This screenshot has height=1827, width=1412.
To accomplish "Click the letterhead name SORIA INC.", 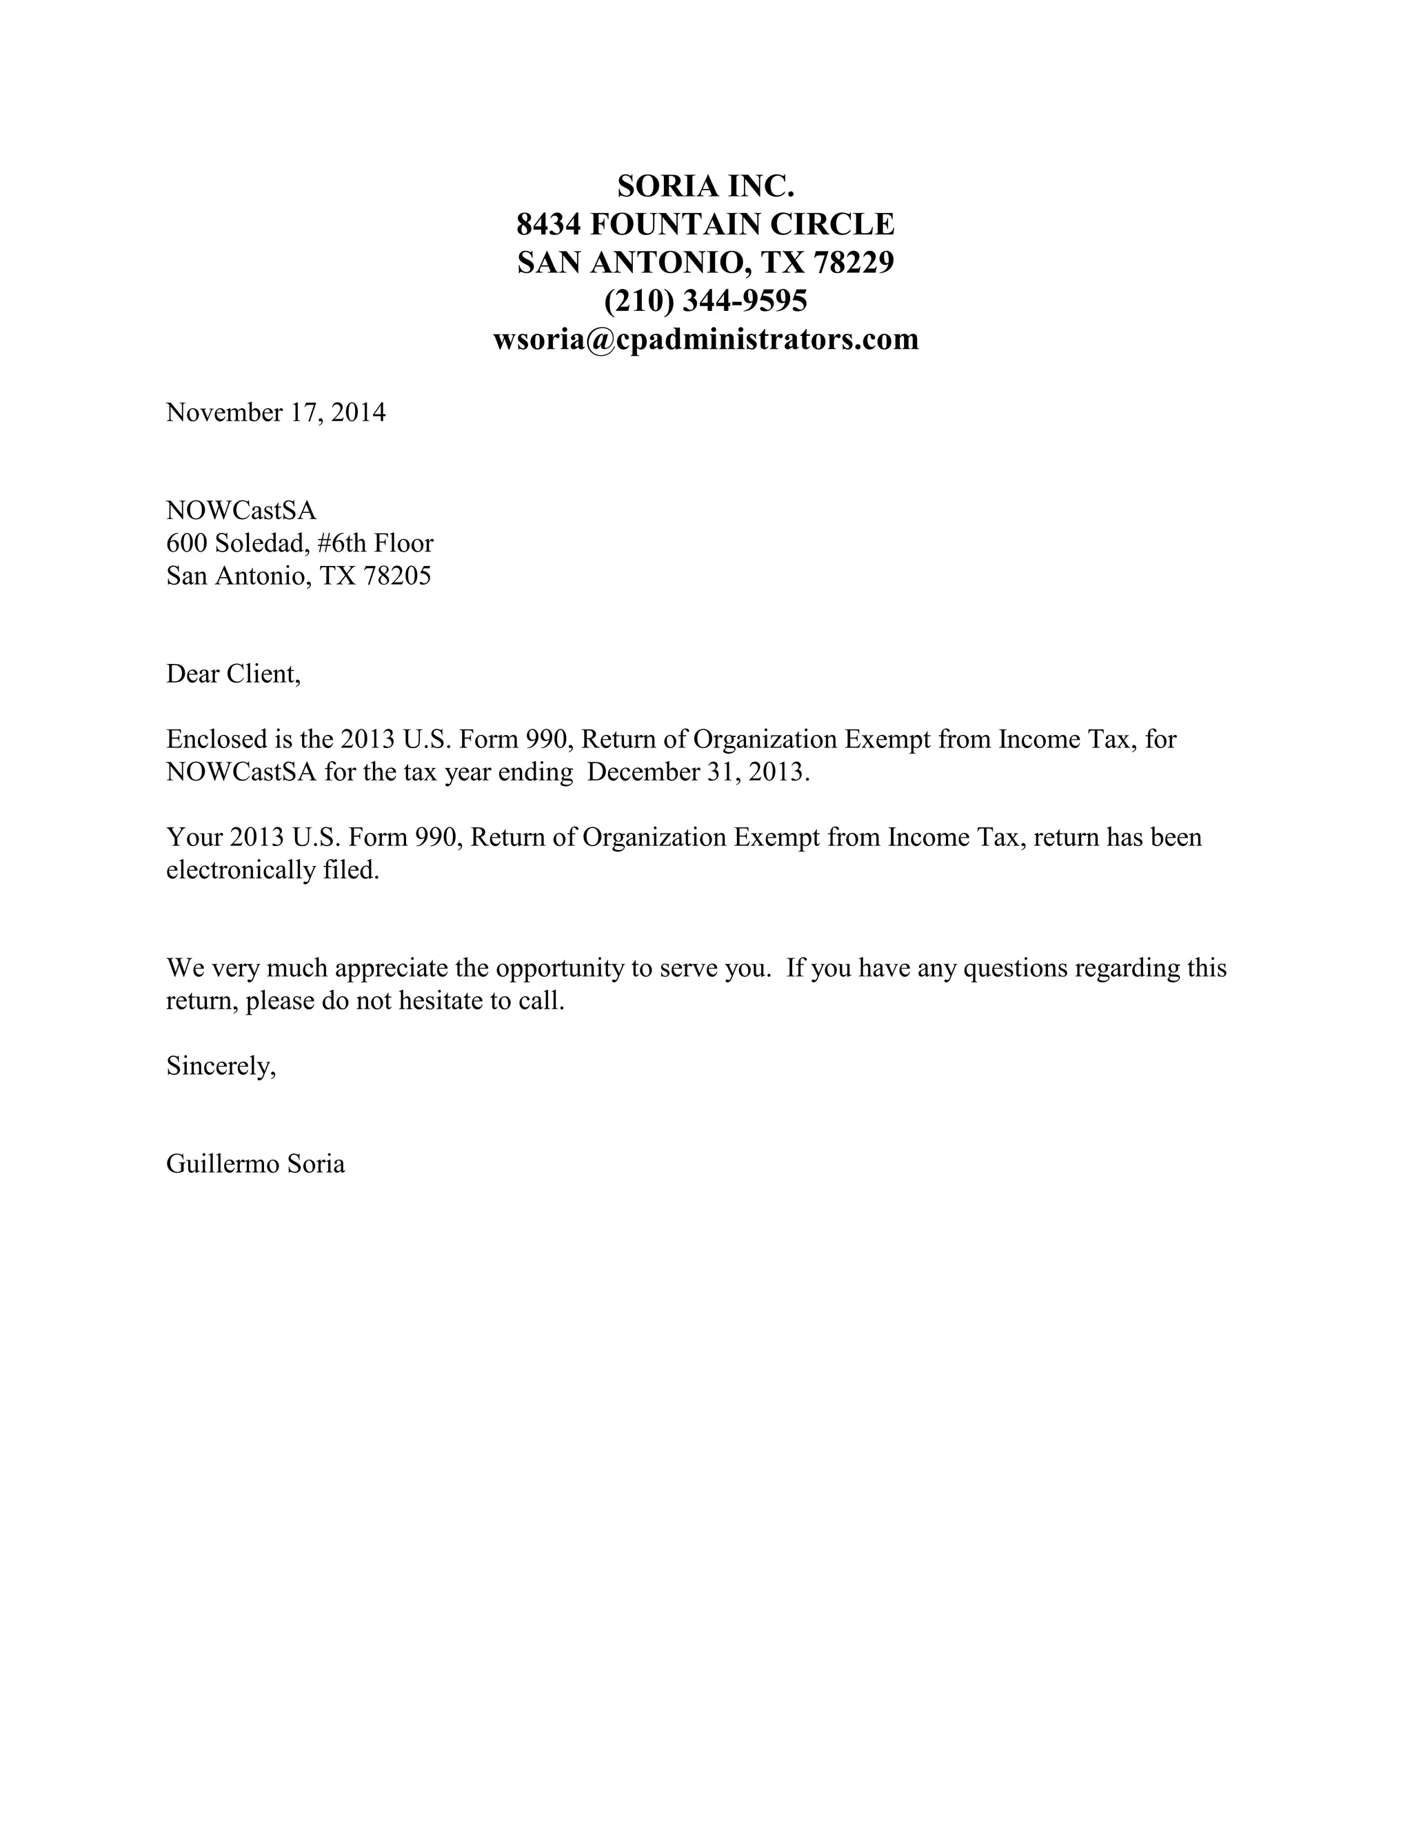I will (x=705, y=185).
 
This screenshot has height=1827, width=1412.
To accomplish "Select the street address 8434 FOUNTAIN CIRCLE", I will (x=705, y=224).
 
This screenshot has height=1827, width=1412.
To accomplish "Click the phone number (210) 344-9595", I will (x=705, y=301).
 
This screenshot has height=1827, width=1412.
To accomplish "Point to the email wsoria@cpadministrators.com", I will (x=705, y=339).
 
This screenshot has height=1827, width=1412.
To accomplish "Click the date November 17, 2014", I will (x=276, y=412).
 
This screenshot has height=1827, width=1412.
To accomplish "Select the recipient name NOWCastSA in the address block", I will (x=241, y=510).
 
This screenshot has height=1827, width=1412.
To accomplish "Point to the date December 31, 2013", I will (x=698, y=772).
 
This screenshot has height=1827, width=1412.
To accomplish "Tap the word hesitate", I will (x=436, y=1001).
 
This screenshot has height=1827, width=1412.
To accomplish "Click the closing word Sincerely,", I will (x=221, y=1066).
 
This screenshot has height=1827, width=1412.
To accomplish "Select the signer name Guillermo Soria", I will (x=255, y=1164).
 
